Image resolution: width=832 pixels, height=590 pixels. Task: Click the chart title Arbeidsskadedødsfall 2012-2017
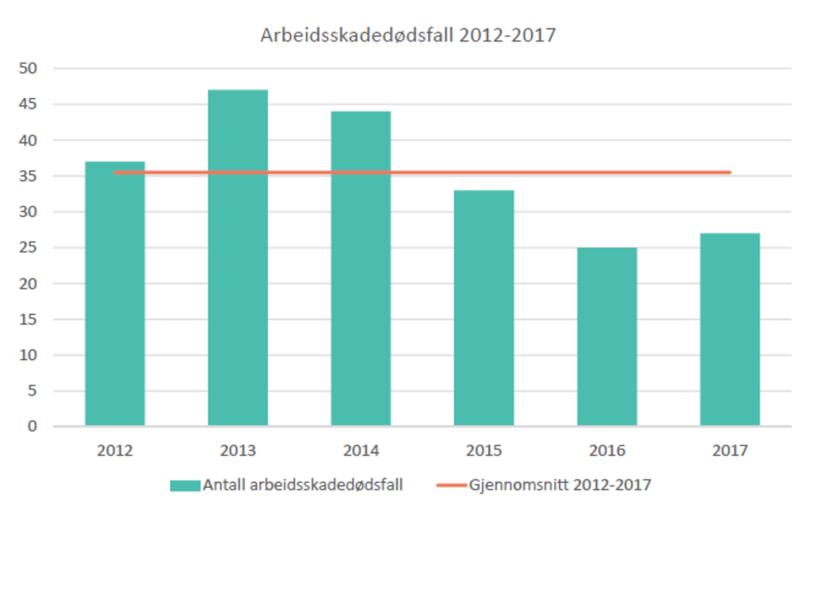click(408, 35)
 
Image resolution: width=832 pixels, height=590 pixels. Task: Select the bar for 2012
click(115, 298)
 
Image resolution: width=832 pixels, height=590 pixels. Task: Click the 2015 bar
click(484, 309)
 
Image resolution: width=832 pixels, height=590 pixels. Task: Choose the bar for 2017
click(729, 330)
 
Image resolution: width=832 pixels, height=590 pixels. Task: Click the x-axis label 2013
click(238, 451)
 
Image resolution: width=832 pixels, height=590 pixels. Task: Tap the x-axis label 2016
click(607, 451)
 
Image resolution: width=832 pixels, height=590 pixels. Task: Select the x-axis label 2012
click(115, 451)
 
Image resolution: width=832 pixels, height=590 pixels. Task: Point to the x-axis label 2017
click(729, 451)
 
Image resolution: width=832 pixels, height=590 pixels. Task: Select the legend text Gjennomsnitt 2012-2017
click(560, 485)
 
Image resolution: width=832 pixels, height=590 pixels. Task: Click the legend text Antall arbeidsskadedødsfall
click(303, 485)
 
